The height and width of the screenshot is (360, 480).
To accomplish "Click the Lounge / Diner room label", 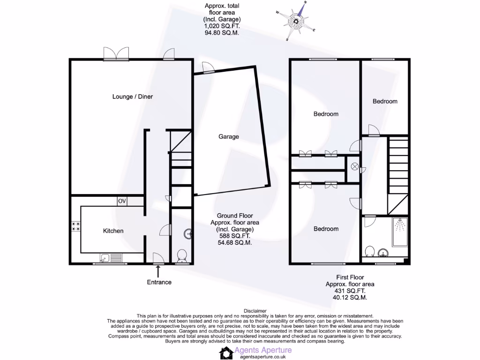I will (x=133, y=97).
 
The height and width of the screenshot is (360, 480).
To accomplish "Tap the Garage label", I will (x=228, y=137).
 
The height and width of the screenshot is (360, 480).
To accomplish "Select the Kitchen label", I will (x=113, y=231).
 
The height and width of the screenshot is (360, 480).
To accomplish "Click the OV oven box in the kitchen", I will (x=122, y=201).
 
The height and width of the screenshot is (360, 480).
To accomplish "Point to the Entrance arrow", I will (x=158, y=271).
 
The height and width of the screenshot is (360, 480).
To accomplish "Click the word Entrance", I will (x=159, y=282).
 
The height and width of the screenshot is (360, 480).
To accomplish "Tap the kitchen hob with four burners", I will (x=75, y=228).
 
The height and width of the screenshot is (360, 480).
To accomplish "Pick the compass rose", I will (x=296, y=21).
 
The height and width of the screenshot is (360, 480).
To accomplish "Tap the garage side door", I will (x=208, y=68).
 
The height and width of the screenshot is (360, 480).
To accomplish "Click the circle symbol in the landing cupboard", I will (x=354, y=166).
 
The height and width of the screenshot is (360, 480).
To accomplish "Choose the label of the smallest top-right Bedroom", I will (x=385, y=101).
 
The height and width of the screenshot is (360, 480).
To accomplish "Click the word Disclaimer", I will (x=255, y=311).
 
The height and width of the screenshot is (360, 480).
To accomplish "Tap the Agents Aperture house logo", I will (x=227, y=353).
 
